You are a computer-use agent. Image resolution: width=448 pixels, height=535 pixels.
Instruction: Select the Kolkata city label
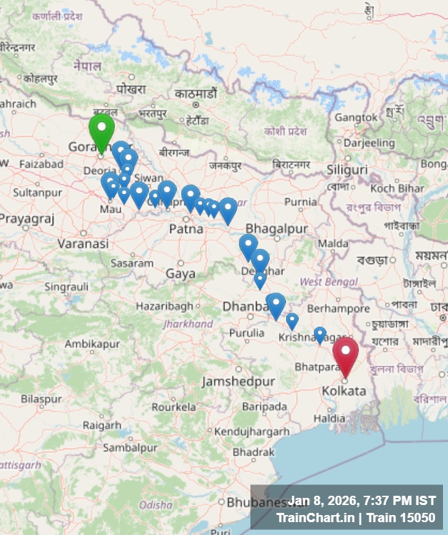(x=344, y=391)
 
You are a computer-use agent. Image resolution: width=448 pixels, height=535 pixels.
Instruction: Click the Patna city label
(x=186, y=229)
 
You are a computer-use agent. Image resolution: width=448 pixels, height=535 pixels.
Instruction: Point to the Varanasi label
(x=83, y=244)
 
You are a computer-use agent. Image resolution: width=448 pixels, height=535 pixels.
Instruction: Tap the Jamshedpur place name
(x=238, y=382)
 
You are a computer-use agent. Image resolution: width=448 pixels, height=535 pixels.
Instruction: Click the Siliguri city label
(x=347, y=170)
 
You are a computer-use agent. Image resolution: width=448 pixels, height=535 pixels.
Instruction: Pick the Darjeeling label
(x=369, y=143)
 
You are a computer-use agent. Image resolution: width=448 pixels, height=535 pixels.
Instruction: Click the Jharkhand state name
(x=188, y=324)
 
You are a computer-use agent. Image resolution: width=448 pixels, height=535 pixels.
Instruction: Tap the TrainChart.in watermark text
(x=314, y=518)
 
